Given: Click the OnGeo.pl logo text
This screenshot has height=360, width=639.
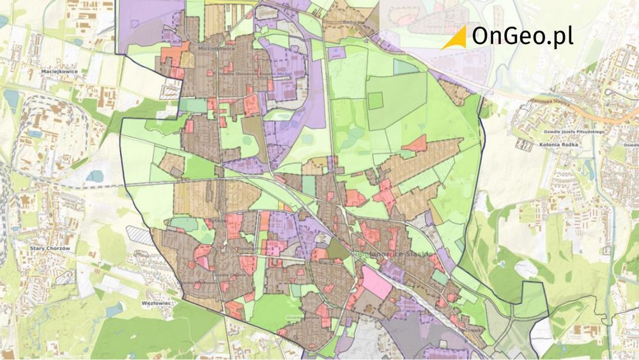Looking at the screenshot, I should pos(522,36).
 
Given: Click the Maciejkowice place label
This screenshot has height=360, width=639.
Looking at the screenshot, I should pos(59,72).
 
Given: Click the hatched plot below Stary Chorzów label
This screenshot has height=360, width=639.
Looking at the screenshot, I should pos(65,277).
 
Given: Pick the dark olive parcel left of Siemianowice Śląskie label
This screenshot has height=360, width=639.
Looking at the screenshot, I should pos(339,249).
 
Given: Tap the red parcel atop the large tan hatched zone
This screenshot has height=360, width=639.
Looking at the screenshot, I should pos(415,143).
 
